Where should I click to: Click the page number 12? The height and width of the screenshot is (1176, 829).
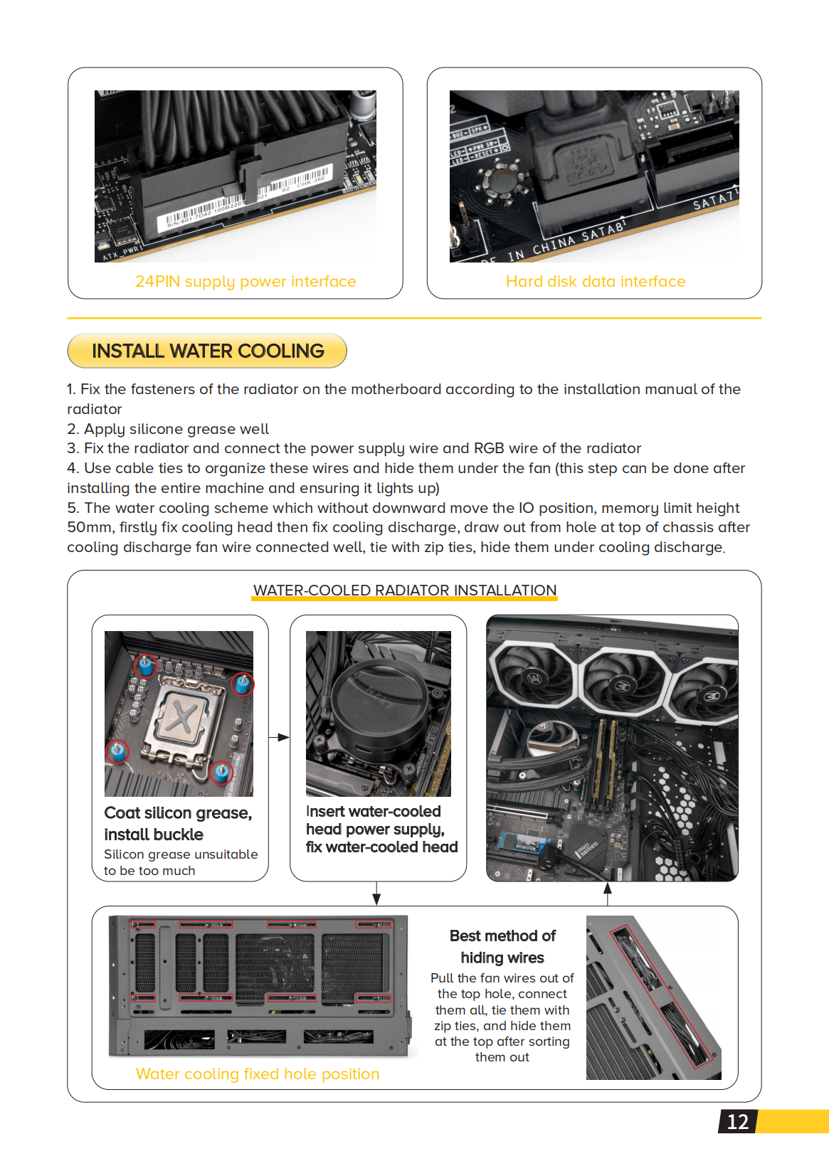click(x=737, y=1122)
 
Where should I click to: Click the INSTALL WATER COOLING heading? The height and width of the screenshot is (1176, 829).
click(x=208, y=351)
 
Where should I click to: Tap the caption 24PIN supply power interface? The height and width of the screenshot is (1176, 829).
click(x=245, y=282)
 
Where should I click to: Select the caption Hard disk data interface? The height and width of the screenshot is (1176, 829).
click(x=595, y=282)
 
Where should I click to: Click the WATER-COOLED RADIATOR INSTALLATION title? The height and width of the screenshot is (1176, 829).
click(x=404, y=590)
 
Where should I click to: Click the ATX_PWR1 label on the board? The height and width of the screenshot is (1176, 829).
click(x=121, y=253)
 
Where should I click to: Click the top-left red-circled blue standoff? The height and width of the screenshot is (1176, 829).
click(x=146, y=666)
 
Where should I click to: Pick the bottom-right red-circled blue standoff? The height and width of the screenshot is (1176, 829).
click(x=222, y=771)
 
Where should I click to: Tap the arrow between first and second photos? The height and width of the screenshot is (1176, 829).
click(x=279, y=737)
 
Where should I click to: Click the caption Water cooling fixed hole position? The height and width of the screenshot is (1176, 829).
click(x=258, y=1074)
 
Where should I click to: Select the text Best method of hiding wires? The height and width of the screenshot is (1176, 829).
click(x=502, y=946)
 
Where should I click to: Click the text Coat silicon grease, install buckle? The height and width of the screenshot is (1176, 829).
click(x=177, y=823)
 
